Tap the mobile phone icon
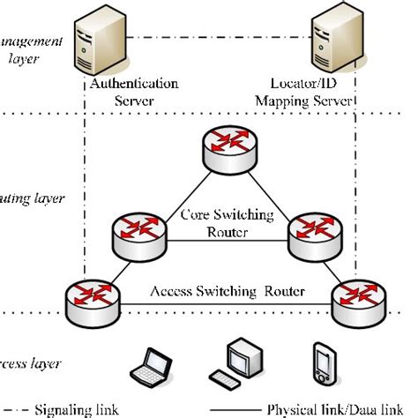point(322,366)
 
